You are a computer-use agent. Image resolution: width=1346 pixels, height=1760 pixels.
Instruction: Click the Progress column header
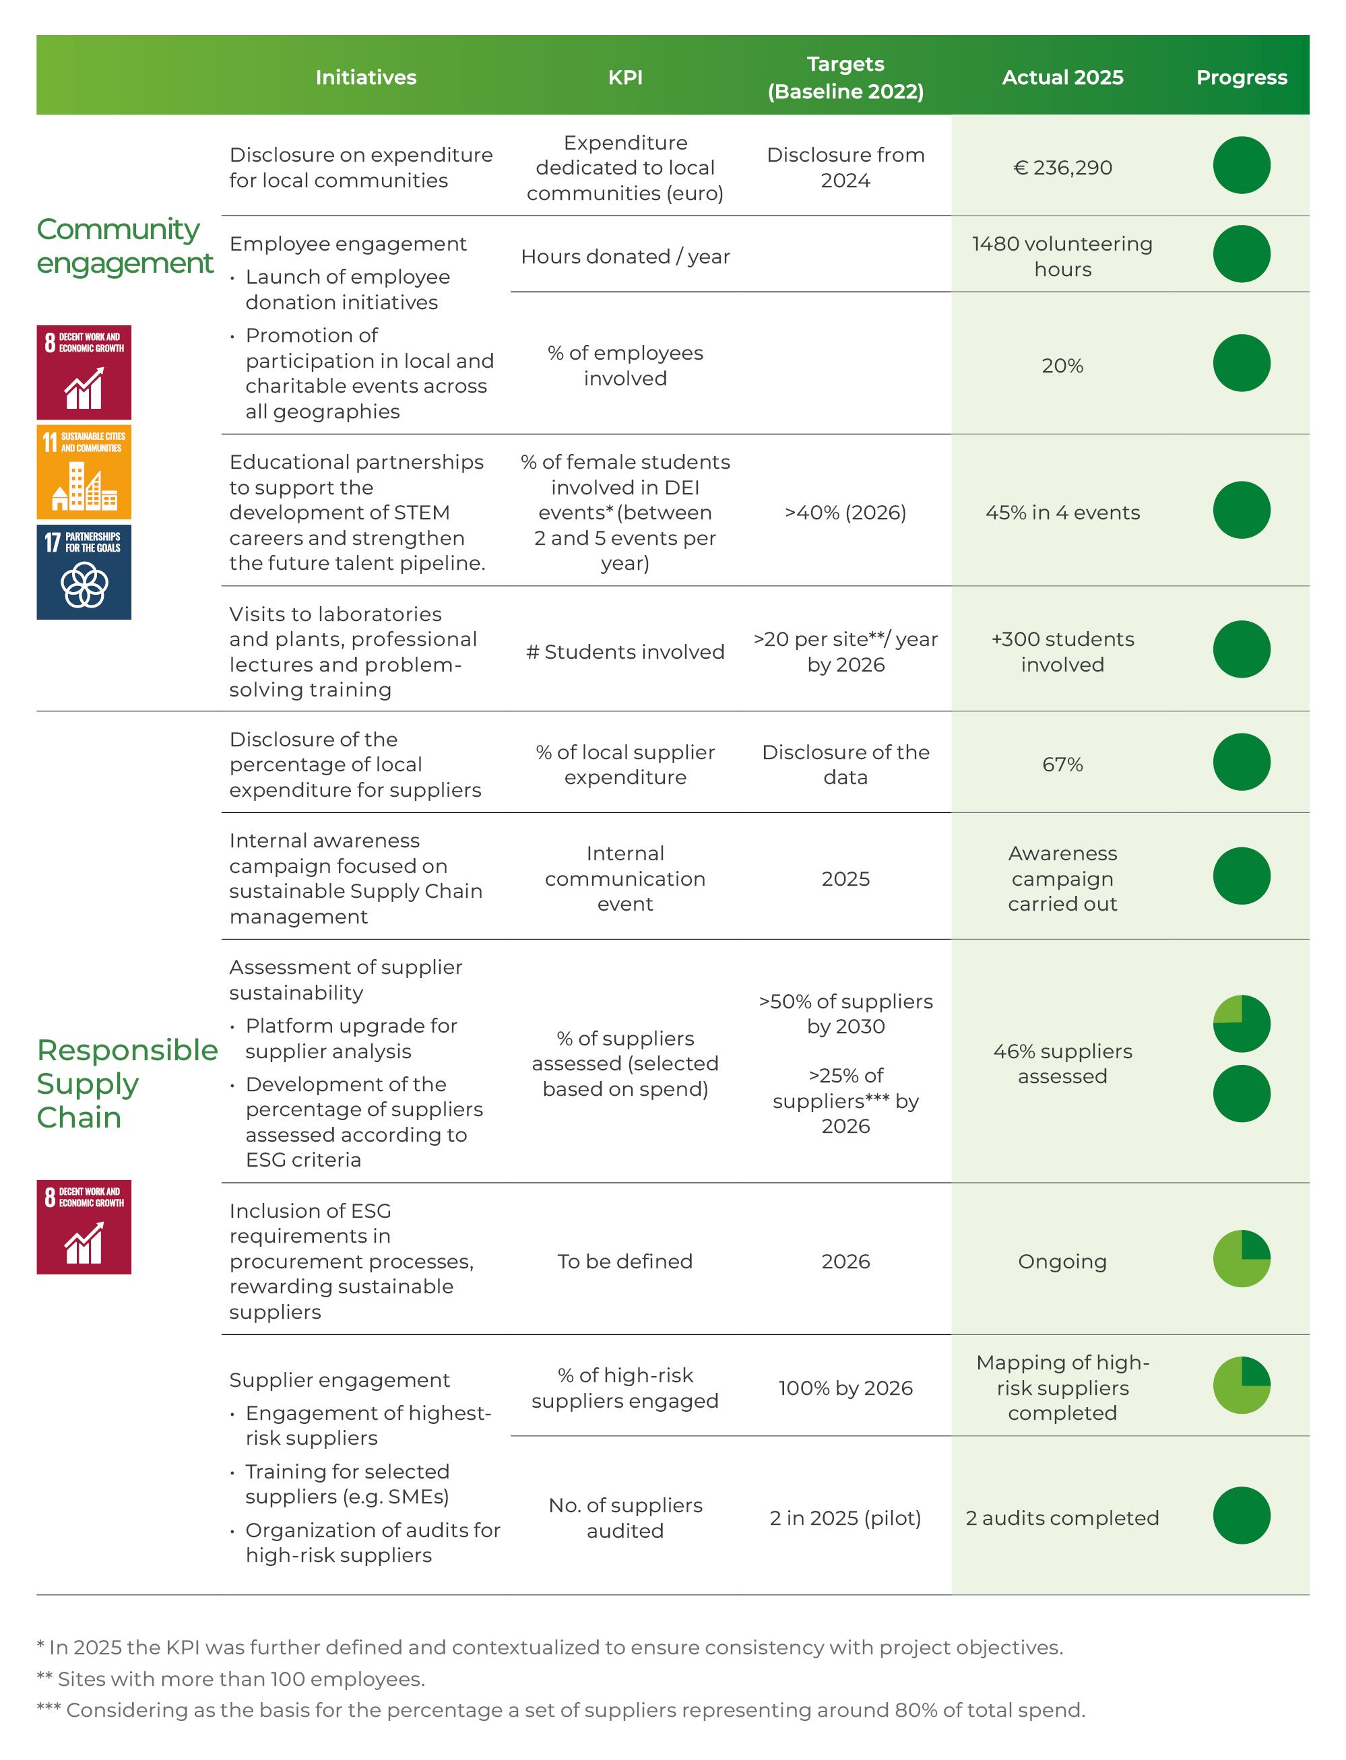pos(1241,77)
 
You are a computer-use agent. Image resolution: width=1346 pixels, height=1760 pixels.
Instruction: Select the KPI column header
pos(625,77)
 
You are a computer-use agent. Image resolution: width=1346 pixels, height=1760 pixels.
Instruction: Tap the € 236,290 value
pos(1062,168)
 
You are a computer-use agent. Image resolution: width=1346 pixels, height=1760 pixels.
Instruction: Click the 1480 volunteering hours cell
pos(1062,257)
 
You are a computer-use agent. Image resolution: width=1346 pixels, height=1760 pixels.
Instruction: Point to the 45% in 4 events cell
pos(1062,513)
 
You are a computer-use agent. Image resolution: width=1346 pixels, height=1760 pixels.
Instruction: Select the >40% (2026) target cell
pos(845,513)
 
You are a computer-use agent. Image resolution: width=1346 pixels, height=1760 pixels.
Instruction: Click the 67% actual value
pos(1062,764)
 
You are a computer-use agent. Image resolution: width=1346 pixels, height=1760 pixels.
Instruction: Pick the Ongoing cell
pos(1062,1261)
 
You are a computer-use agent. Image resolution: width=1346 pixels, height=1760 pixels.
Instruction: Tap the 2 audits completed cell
pos(1062,1518)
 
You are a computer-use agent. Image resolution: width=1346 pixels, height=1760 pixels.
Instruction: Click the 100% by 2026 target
pos(845,1388)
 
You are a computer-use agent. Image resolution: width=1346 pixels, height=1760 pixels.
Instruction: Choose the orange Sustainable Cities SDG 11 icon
pos(84,472)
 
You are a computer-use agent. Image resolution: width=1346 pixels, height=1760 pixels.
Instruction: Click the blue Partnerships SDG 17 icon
pos(84,572)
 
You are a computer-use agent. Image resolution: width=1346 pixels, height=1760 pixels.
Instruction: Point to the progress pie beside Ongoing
pos(1241,1258)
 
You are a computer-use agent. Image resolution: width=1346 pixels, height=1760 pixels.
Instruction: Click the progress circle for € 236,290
pos(1241,165)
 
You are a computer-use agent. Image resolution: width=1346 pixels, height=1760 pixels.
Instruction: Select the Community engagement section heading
pos(124,246)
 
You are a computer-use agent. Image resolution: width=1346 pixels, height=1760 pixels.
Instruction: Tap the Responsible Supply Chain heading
pos(127,1083)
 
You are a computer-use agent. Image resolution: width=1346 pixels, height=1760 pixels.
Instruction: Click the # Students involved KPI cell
pos(625,652)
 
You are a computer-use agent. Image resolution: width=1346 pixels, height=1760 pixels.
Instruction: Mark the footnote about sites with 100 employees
pos(231,1678)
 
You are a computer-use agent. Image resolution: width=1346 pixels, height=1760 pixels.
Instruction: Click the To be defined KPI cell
pos(625,1261)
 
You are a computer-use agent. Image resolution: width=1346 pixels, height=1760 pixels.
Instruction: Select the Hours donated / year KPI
pos(625,257)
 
